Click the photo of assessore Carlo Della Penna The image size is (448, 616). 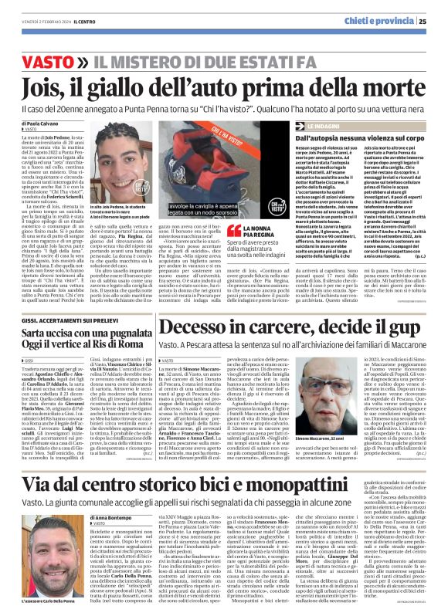(51, 547)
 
